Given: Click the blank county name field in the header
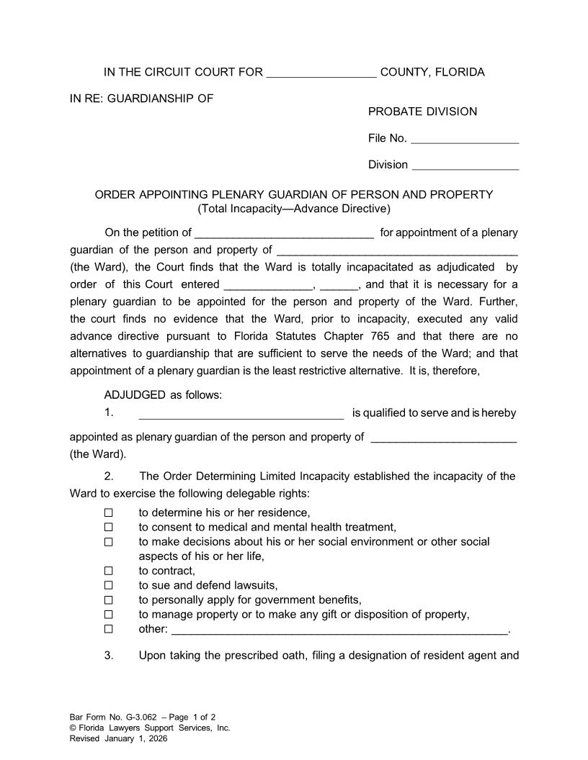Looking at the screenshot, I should (321, 73).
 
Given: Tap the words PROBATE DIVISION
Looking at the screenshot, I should (422, 112).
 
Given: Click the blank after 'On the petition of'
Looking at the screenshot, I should (285, 233).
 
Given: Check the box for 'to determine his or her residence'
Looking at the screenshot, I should (109, 513).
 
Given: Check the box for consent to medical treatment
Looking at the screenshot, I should (109, 528).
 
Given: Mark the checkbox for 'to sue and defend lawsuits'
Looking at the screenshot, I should (109, 586).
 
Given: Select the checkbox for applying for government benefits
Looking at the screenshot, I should (109, 600).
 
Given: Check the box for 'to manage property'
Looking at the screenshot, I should (109, 615).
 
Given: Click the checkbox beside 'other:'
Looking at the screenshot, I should (109, 629).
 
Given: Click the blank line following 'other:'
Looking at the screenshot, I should (340, 630).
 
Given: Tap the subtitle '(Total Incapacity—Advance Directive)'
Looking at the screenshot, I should (294, 209).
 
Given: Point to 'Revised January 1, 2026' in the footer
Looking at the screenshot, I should (118, 738).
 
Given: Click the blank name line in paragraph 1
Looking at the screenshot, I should (241, 414).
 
